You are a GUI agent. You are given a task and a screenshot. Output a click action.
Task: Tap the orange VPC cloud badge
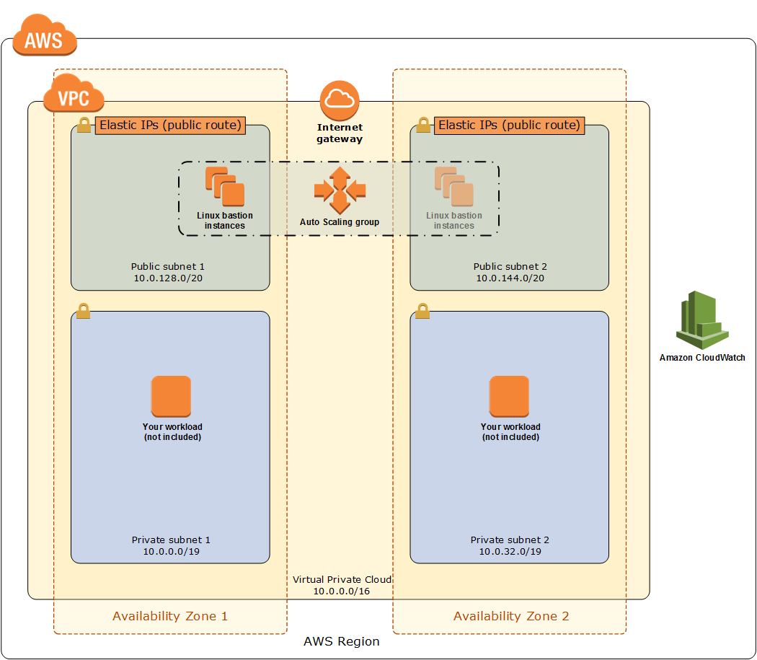tap(74, 94)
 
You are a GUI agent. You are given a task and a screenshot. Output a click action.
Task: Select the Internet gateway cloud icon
tap(340, 101)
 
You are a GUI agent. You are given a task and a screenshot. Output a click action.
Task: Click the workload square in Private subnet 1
tap(171, 396)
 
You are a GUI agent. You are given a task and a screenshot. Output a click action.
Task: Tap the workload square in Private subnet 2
tap(509, 396)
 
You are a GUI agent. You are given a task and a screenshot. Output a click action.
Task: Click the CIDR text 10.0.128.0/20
tap(169, 278)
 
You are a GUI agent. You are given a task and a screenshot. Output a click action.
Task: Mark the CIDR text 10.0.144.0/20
tap(510, 278)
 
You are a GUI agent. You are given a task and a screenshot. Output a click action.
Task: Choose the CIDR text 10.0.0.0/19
tap(171, 551)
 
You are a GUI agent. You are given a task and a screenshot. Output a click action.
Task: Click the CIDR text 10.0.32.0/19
tap(510, 551)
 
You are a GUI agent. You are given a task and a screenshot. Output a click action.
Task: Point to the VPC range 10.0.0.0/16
tap(341, 591)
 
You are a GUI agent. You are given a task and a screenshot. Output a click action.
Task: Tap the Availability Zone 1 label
tap(170, 616)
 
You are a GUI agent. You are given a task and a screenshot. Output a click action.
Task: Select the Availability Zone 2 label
tap(510, 616)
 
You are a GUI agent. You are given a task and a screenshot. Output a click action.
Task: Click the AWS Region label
tap(341, 641)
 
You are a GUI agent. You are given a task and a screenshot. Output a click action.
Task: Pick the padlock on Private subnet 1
tap(84, 311)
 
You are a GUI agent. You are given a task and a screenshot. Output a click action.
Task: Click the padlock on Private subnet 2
tap(422, 311)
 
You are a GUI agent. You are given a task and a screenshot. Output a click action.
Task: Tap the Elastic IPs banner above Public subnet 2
tap(509, 126)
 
